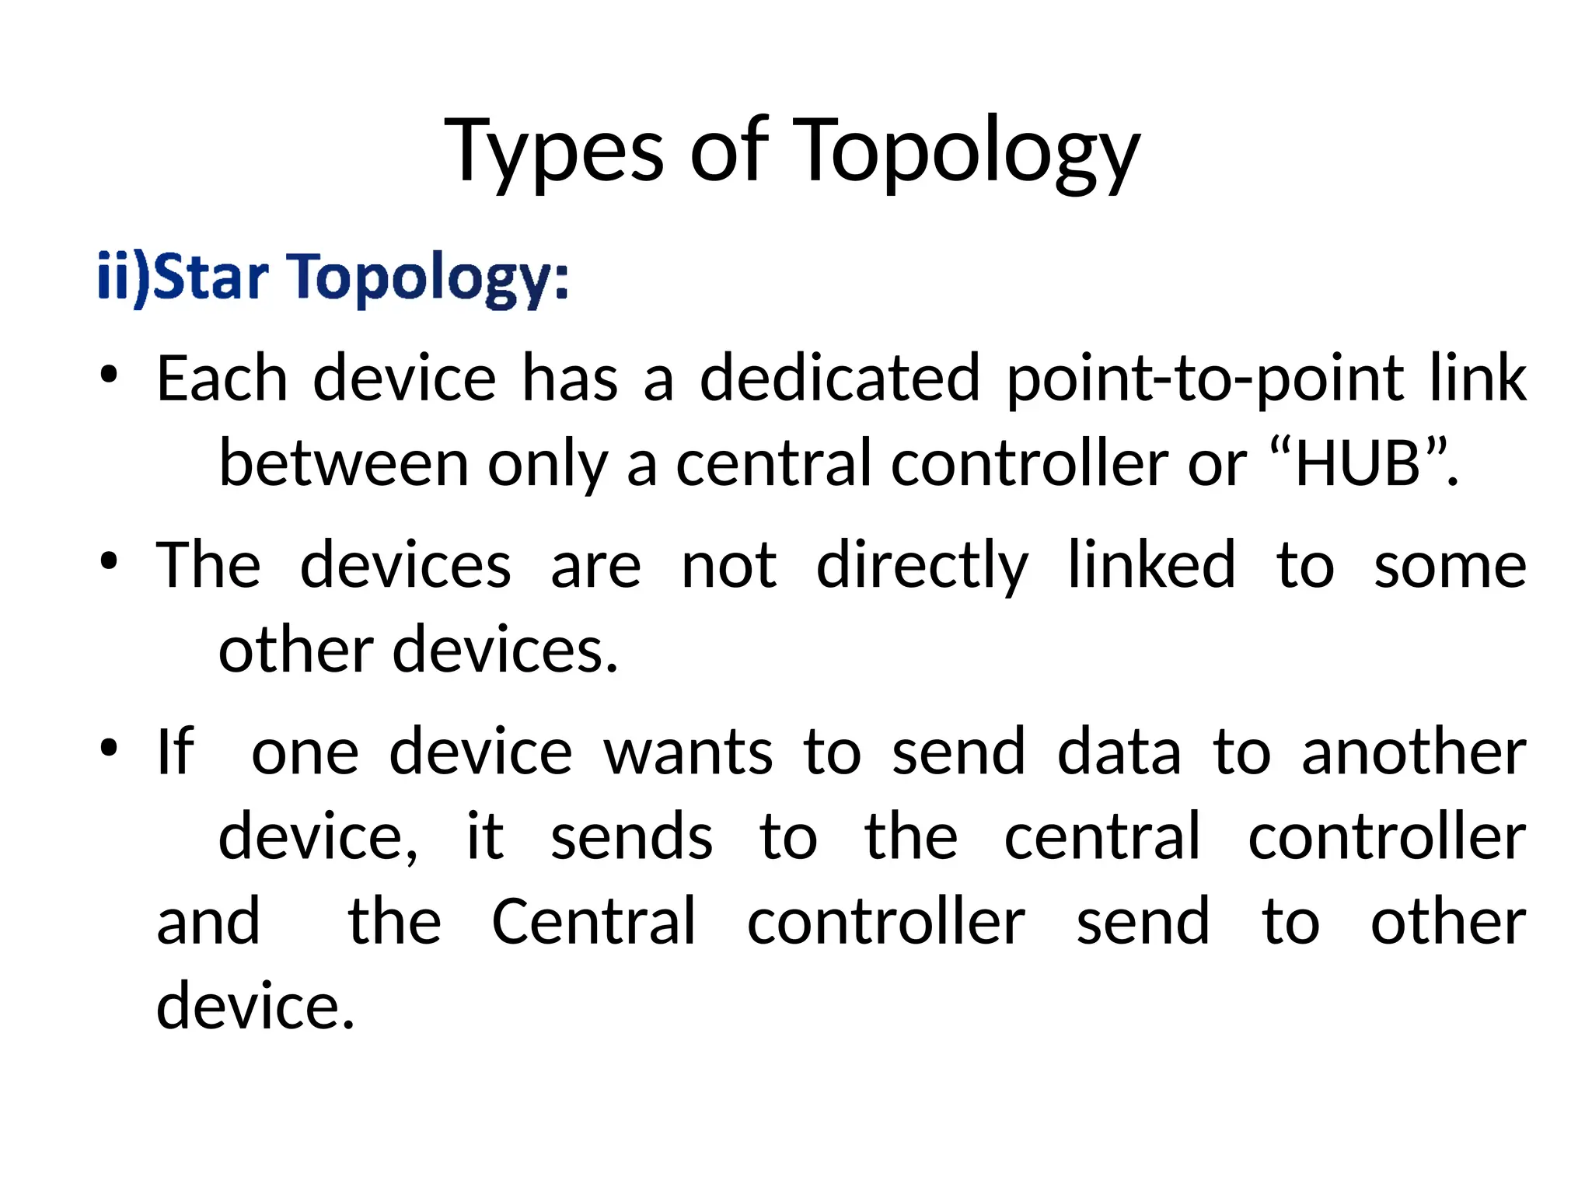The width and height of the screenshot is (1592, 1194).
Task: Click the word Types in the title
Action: [x=554, y=152]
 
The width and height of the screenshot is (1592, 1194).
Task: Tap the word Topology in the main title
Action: [x=966, y=152]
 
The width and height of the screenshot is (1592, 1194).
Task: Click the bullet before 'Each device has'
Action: [x=109, y=375]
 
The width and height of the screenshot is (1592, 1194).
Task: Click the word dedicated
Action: [x=840, y=379]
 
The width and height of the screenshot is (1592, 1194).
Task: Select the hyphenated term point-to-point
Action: [x=1205, y=380]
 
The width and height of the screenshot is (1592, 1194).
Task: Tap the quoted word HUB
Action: [x=1357, y=464]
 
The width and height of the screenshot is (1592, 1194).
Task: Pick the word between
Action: [x=344, y=464]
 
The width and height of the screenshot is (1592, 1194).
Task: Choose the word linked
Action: [x=1151, y=565]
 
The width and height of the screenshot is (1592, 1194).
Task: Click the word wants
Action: [x=689, y=753]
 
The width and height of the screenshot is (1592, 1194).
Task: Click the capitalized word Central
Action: [x=594, y=922]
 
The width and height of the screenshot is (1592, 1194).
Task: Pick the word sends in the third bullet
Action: [x=631, y=837]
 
